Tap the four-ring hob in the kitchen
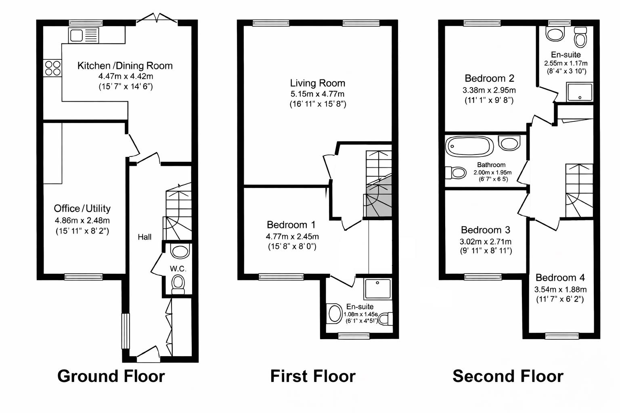52,68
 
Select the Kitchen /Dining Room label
125,66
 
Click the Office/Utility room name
82,209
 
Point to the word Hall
145,237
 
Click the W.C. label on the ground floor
178,269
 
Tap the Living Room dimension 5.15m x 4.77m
317,94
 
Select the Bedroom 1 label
291,225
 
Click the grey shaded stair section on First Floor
379,200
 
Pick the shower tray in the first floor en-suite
378,289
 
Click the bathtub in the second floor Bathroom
469,146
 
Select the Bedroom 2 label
489,78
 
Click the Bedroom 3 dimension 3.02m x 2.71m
486,242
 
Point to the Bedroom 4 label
560,277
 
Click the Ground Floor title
111,376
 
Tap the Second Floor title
508,376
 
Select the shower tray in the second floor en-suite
580,92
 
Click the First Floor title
313,376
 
